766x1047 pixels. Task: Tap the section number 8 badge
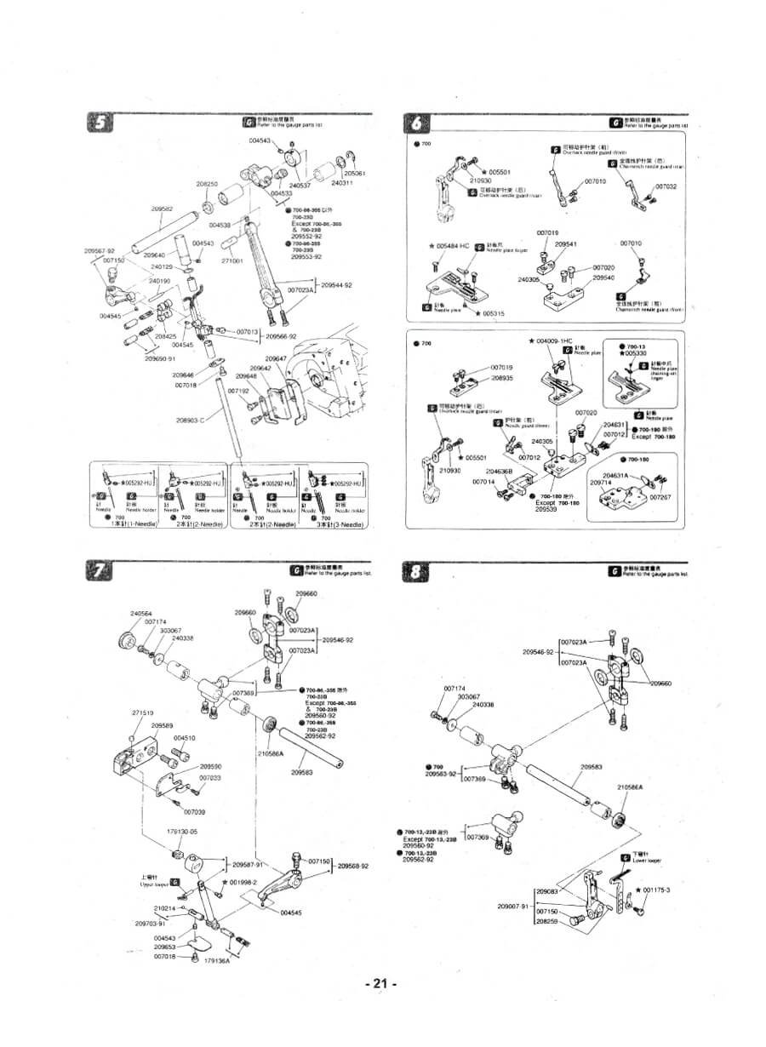coord(414,571)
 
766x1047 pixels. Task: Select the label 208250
coord(207,183)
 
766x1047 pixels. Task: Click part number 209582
coord(163,209)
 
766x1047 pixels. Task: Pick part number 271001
coord(232,260)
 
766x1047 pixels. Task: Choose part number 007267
coord(660,496)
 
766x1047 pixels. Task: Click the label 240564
coord(141,614)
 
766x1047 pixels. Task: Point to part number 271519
coord(142,712)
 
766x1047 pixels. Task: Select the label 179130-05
coord(180,831)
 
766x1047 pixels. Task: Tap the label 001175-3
coord(656,890)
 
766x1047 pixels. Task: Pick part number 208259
coord(546,921)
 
